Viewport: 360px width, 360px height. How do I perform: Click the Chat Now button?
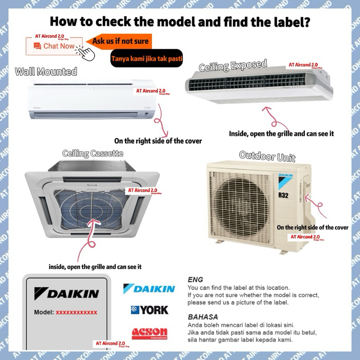click(54, 46)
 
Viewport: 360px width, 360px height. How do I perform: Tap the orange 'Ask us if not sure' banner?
click(120, 41)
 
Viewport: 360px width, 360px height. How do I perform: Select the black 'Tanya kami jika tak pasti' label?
click(146, 58)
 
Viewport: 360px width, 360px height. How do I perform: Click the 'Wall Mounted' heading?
click(46, 72)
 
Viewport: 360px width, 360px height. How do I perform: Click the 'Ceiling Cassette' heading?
click(93, 153)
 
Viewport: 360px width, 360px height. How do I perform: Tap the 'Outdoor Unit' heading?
click(267, 156)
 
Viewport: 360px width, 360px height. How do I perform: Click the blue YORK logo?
click(149, 310)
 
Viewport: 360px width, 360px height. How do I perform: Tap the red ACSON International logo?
click(149, 333)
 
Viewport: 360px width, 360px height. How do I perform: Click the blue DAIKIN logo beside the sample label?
click(149, 288)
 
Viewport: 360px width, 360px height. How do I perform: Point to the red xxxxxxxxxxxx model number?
click(76, 312)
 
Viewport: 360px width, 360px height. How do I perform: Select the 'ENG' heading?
click(195, 279)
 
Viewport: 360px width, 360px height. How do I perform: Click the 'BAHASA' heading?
click(202, 317)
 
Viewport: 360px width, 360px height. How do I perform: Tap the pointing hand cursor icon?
click(85, 52)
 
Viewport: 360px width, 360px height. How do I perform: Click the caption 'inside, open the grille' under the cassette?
click(95, 267)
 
